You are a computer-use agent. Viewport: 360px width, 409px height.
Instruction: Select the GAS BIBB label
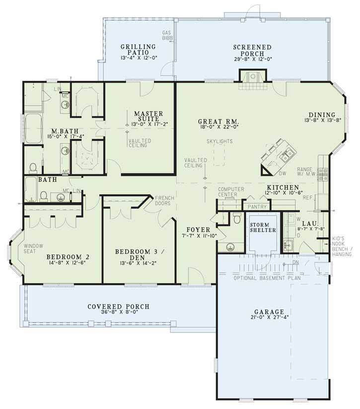167,36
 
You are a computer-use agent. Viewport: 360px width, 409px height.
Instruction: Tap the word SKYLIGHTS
220,141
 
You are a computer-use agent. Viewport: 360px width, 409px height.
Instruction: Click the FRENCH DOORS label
163,200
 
